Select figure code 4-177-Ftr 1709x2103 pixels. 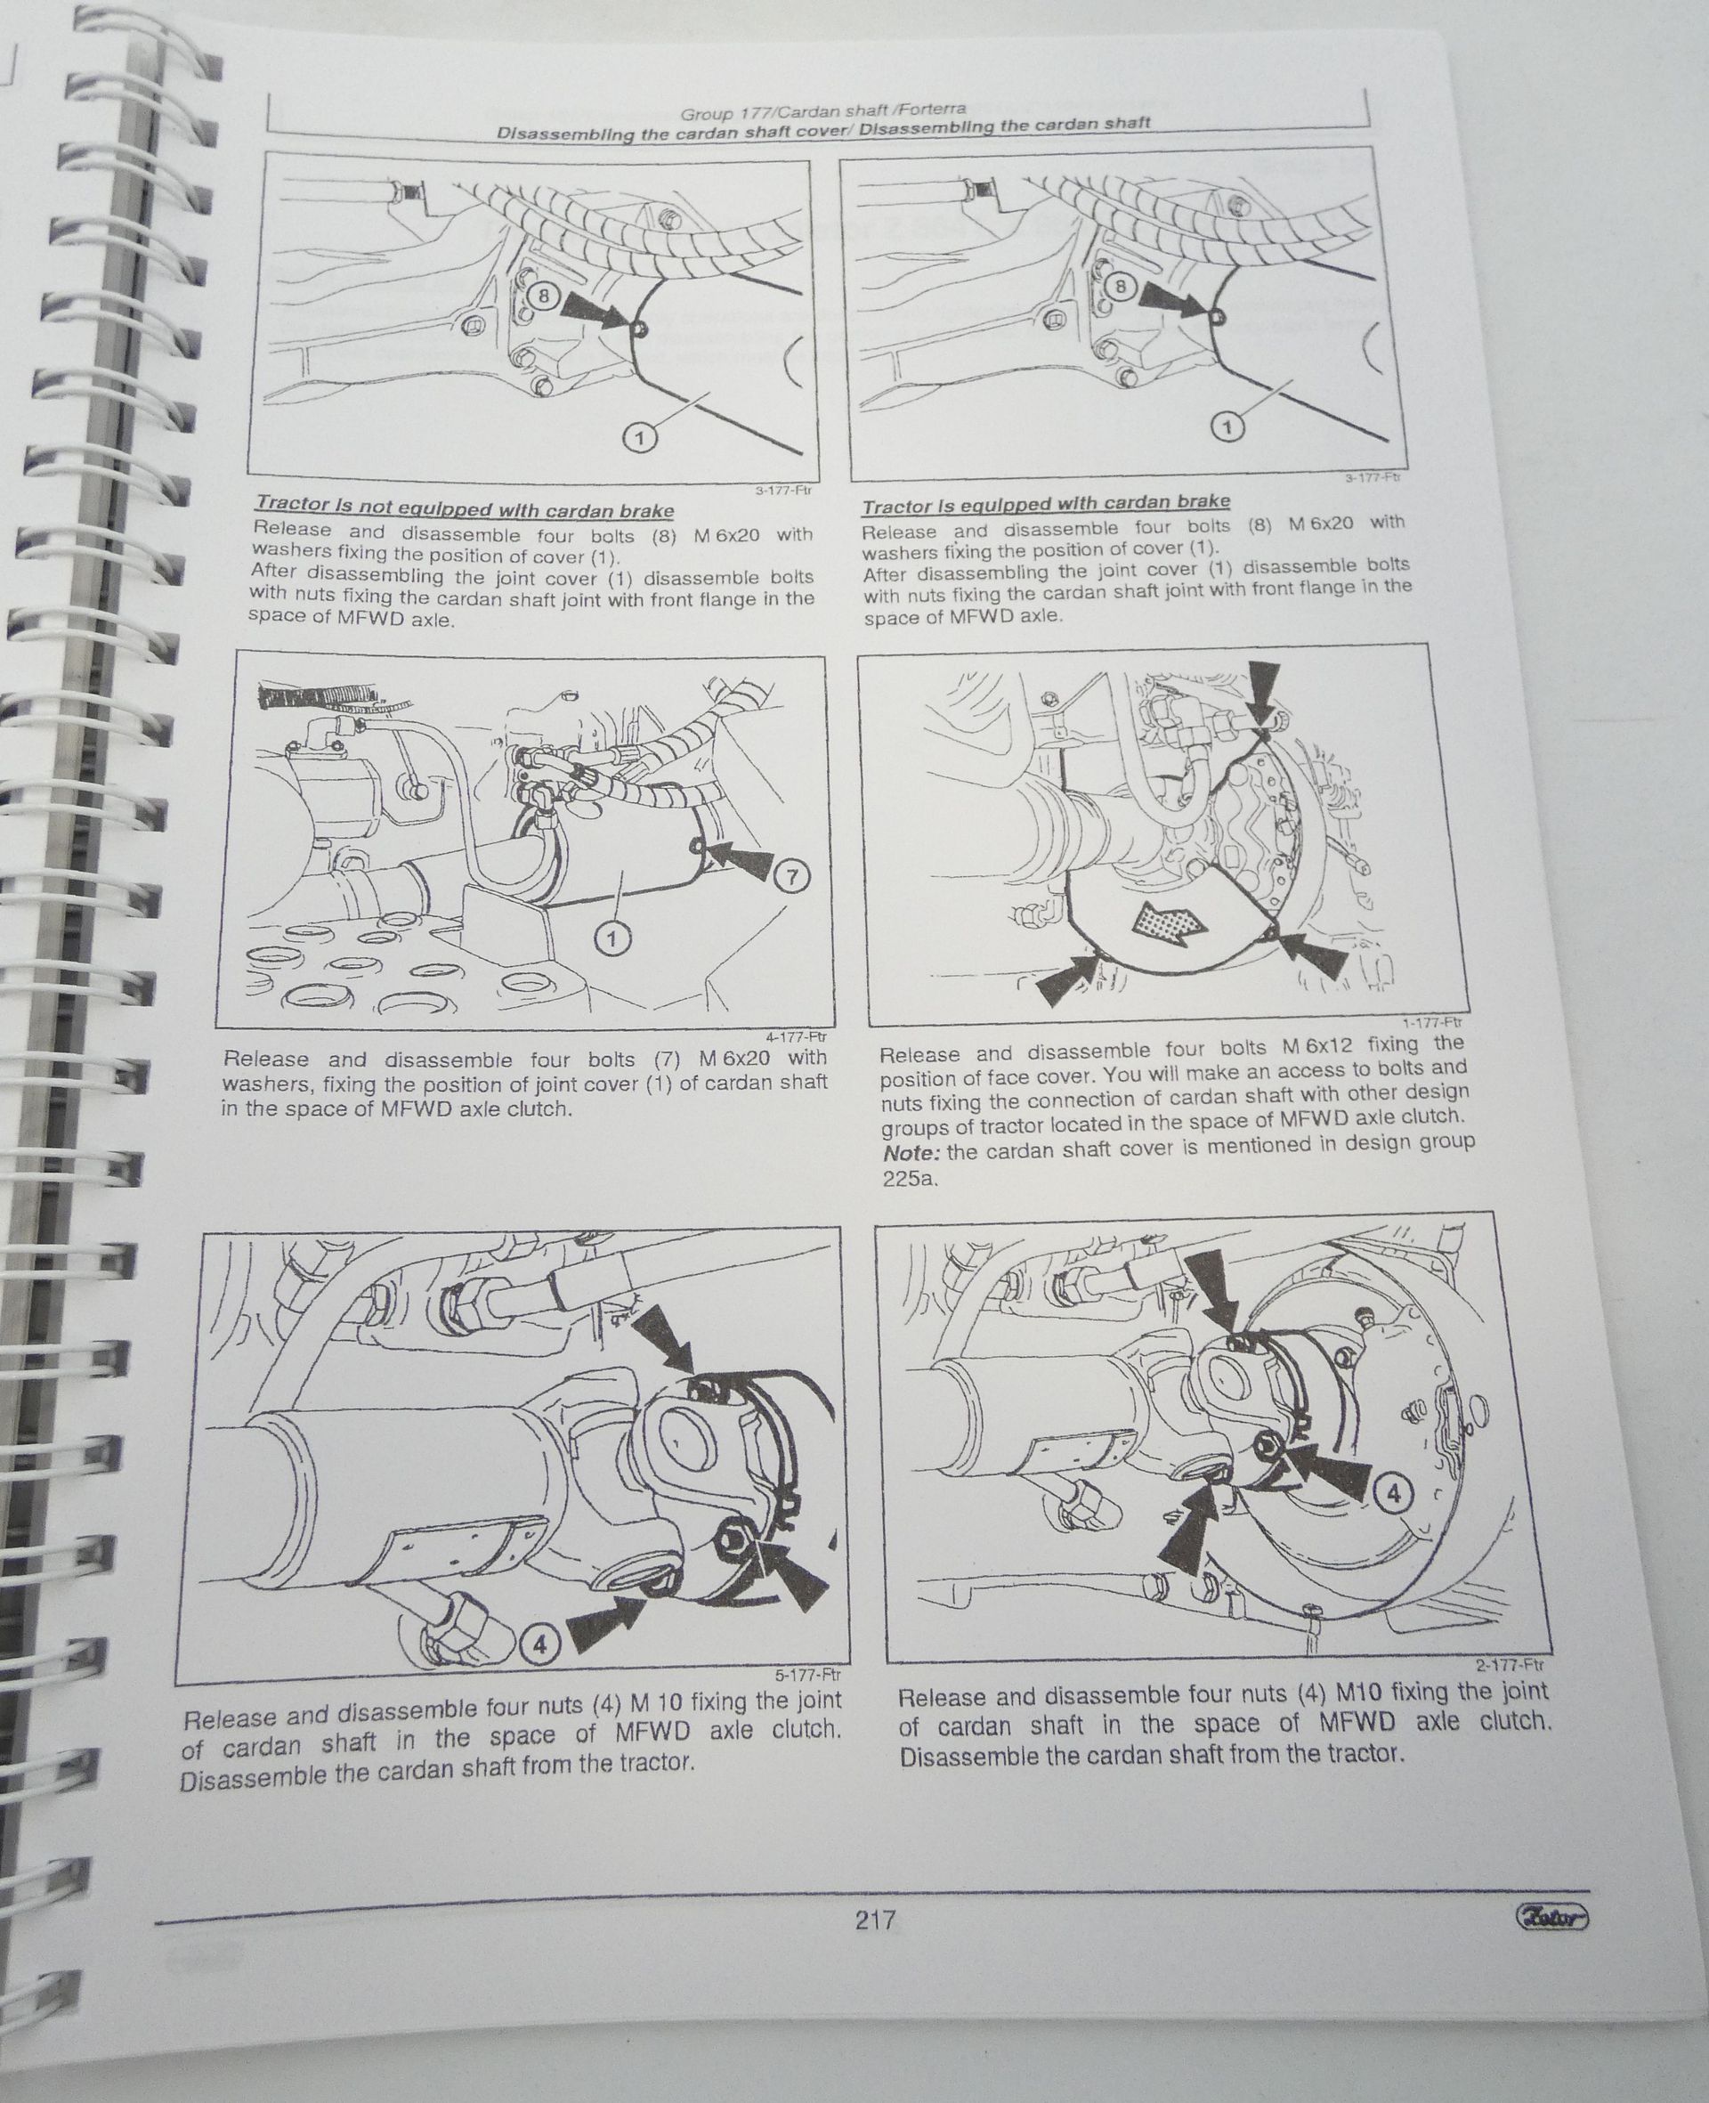[797, 1035]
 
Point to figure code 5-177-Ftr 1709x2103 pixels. [807, 1672]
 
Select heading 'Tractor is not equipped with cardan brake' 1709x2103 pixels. [465, 510]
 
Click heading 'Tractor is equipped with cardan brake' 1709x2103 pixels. [1046, 503]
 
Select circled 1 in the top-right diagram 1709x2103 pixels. [1226, 427]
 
